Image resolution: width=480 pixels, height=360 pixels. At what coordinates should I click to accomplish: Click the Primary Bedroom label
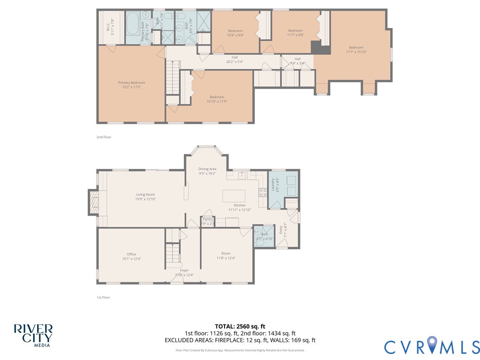131,85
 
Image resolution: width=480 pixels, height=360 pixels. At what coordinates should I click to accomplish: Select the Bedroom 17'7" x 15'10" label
356,50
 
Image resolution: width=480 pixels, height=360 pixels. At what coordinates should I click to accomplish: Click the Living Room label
145,197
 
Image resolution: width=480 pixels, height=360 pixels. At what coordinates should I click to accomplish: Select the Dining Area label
207,171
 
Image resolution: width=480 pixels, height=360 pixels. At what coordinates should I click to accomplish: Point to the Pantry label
208,221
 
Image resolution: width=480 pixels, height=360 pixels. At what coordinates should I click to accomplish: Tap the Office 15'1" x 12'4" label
131,256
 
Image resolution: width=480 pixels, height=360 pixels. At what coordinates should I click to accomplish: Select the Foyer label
184,272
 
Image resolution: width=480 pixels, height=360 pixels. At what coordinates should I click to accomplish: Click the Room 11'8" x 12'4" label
226,256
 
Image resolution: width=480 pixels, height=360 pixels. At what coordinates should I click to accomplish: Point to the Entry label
282,230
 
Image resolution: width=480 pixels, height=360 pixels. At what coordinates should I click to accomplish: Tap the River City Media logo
33,335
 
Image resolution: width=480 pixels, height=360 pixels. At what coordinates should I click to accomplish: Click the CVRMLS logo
432,346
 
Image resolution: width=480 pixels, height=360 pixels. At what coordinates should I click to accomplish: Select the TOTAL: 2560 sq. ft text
240,326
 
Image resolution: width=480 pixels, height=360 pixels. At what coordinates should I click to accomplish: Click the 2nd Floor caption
104,137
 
